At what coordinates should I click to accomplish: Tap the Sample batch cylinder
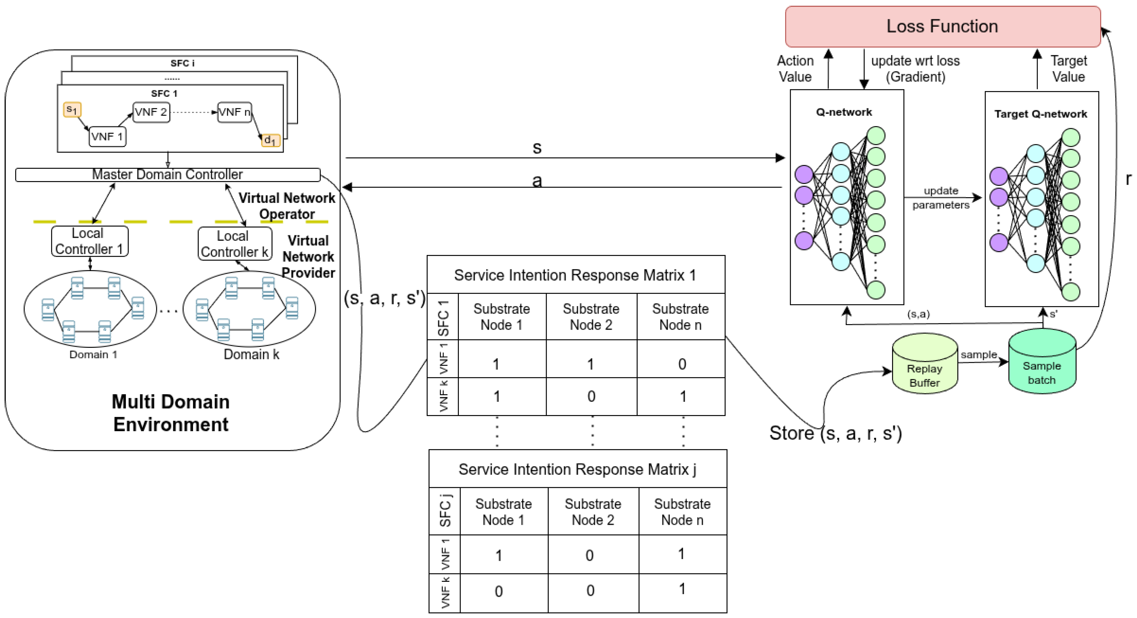(x=1042, y=361)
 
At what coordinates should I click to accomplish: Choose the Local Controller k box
(x=235, y=243)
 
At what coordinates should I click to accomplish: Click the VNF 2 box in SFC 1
(x=151, y=112)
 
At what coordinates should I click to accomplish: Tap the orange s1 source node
(x=72, y=109)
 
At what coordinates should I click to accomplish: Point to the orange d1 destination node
(x=270, y=141)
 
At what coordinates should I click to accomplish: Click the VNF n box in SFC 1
(x=234, y=112)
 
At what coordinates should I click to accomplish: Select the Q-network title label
(x=844, y=112)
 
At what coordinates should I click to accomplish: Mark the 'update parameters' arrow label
(x=941, y=198)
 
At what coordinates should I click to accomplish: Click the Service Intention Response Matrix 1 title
(x=575, y=275)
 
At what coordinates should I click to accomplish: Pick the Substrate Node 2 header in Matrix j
(x=593, y=512)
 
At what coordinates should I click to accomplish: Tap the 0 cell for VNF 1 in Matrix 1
(x=682, y=364)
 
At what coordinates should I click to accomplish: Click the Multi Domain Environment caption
(x=171, y=413)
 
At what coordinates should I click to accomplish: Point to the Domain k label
(x=252, y=354)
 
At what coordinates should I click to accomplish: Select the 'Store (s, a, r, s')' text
(x=836, y=433)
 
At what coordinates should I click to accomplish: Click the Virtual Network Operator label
(x=287, y=206)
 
